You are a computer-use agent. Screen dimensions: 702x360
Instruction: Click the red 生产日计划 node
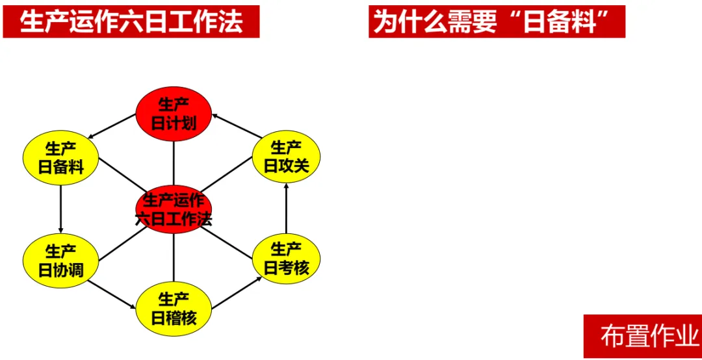click(x=174, y=114)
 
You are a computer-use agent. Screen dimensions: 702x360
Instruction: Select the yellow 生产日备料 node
click(x=60, y=158)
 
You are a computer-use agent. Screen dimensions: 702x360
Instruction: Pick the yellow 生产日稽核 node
click(x=174, y=309)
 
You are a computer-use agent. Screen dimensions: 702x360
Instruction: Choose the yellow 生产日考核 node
click(x=286, y=259)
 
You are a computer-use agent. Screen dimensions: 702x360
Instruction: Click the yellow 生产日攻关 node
click(x=286, y=157)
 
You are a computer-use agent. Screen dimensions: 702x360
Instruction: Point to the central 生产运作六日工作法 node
click(x=174, y=209)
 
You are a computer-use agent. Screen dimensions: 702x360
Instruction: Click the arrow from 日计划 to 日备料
click(x=112, y=127)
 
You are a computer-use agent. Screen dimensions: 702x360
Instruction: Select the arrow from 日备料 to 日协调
click(x=60, y=209)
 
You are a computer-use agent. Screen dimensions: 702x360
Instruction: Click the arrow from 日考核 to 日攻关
click(x=286, y=209)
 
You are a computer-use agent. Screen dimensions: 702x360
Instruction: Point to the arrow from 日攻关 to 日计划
click(x=235, y=126)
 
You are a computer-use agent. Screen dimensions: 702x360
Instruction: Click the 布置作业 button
click(x=642, y=336)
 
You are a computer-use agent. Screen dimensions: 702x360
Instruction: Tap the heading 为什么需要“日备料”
click(x=497, y=21)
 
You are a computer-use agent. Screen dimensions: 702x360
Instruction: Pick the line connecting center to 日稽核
click(x=174, y=258)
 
